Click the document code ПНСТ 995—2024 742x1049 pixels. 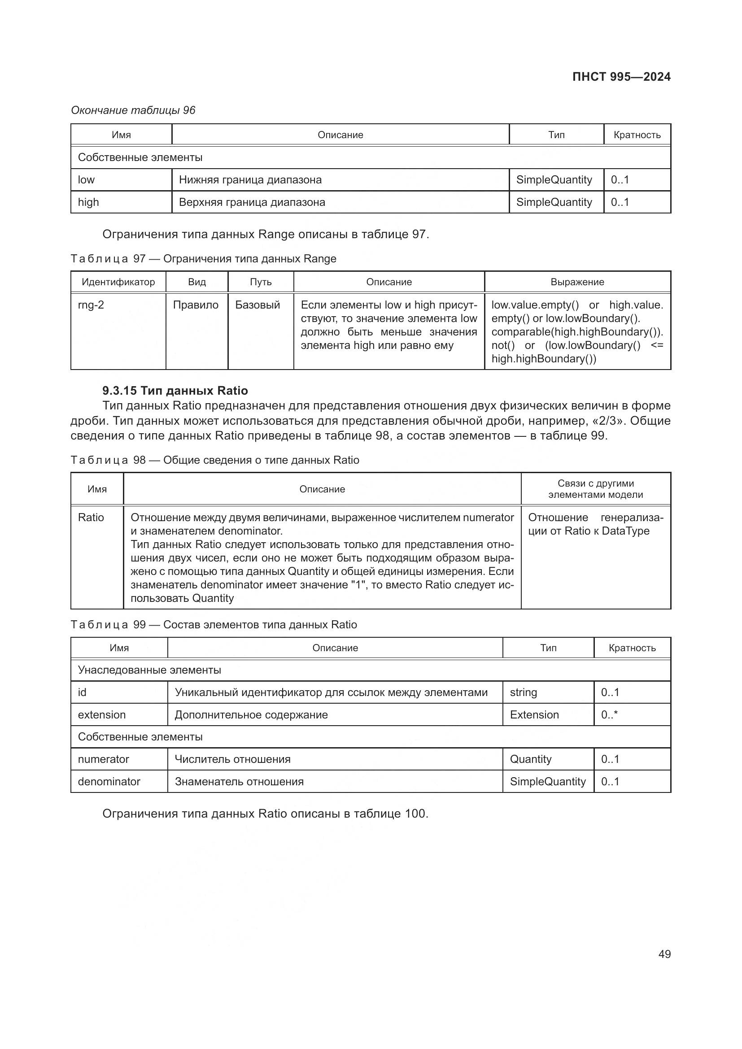click(621, 77)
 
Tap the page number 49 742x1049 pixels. click(664, 954)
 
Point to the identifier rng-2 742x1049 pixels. click(91, 305)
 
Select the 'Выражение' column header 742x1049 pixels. click(577, 282)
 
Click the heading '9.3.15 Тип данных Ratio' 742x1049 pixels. click(175, 391)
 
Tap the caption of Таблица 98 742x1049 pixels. click(215, 460)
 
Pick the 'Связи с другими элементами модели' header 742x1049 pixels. click(595, 489)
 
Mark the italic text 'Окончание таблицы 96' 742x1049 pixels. click(133, 110)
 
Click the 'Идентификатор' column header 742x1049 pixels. click(118, 282)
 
